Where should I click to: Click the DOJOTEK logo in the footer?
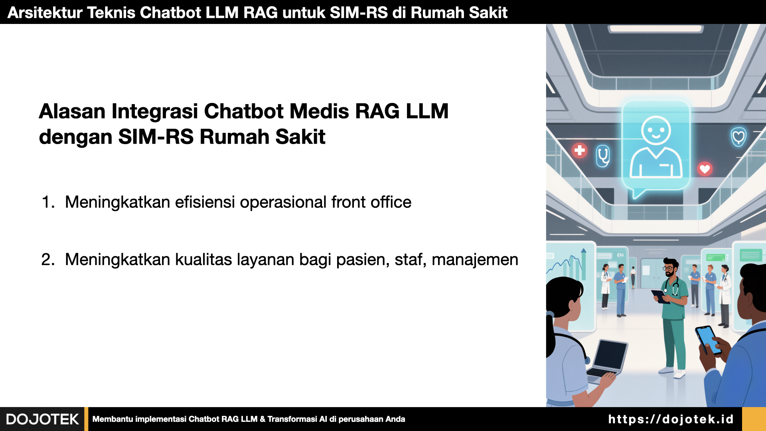(42, 419)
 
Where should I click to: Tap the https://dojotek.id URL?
(671, 419)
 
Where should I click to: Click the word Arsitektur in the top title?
(45, 13)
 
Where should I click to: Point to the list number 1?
(48, 202)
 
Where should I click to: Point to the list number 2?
(48, 260)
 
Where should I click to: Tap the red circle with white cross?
(579, 150)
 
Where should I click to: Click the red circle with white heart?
(705, 169)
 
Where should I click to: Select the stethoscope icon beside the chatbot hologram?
(603, 156)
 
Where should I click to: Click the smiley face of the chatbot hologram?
(656, 130)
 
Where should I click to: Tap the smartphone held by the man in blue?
(708, 340)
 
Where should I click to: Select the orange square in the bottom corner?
(754, 419)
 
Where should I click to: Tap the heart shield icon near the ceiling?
(738, 137)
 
